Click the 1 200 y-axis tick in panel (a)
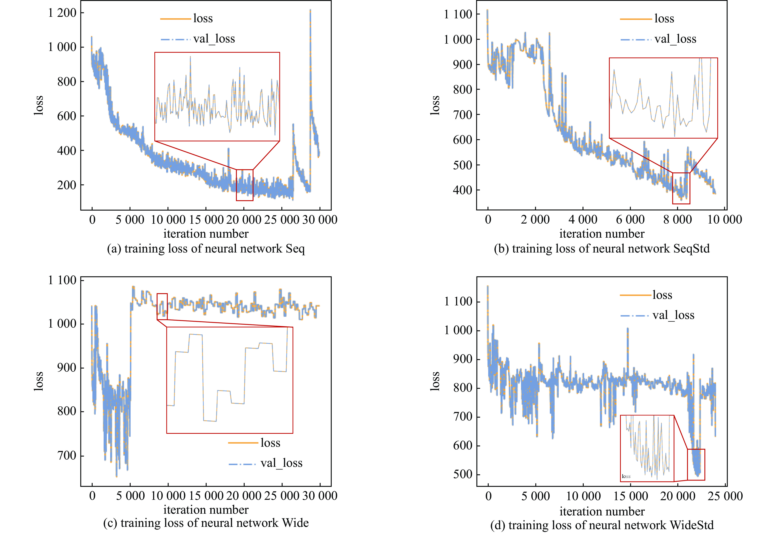tap(62, 13)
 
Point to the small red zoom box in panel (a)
tap(245, 185)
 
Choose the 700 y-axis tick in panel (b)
tap(462, 114)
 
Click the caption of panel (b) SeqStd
tap(602, 249)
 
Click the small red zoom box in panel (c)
tap(162, 307)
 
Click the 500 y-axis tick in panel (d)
tap(462, 474)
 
